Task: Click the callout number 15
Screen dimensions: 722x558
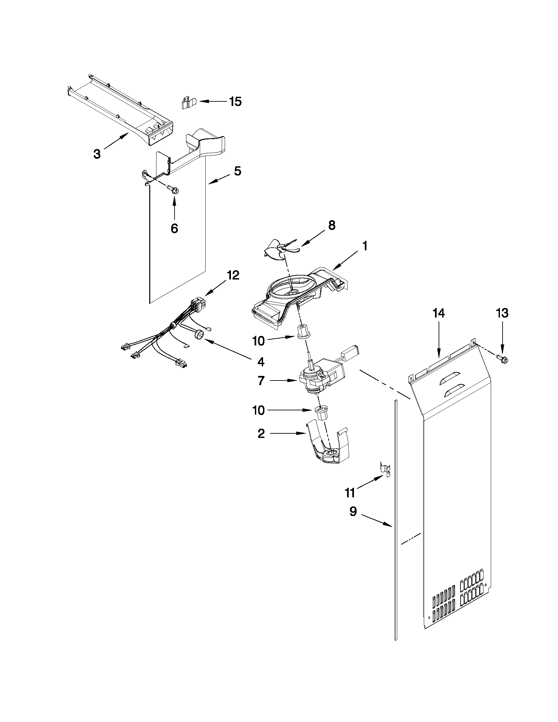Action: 235,101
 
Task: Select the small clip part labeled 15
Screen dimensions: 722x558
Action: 188,103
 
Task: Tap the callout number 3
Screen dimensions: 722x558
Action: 97,154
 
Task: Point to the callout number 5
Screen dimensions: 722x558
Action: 238,171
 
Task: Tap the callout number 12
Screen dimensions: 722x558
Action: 233,275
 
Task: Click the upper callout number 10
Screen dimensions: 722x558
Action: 258,341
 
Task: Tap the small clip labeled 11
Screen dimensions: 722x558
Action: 384,468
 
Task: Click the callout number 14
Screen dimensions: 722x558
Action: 439,313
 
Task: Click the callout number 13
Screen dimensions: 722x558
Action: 502,313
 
